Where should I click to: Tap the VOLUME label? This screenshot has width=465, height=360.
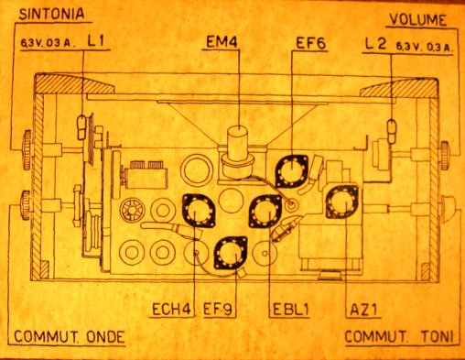(x=416, y=18)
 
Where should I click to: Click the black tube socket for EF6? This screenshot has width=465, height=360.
(x=292, y=171)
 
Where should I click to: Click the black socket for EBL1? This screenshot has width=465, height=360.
(x=265, y=212)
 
